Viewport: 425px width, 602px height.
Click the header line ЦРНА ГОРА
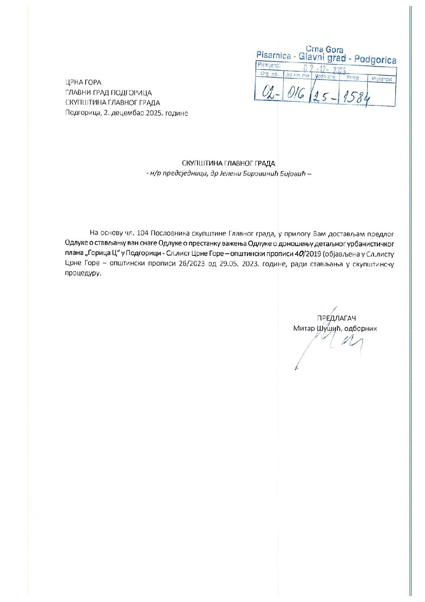click(x=83, y=82)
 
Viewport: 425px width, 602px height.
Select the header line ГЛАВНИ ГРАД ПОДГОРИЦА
click(x=108, y=93)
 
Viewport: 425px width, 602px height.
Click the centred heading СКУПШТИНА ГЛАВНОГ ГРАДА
click(x=228, y=163)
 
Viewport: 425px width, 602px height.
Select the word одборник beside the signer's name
click(x=360, y=329)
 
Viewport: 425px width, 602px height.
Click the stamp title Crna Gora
click(x=325, y=49)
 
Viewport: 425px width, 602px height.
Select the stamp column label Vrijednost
click(x=382, y=79)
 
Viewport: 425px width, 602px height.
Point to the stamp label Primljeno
click(x=269, y=65)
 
